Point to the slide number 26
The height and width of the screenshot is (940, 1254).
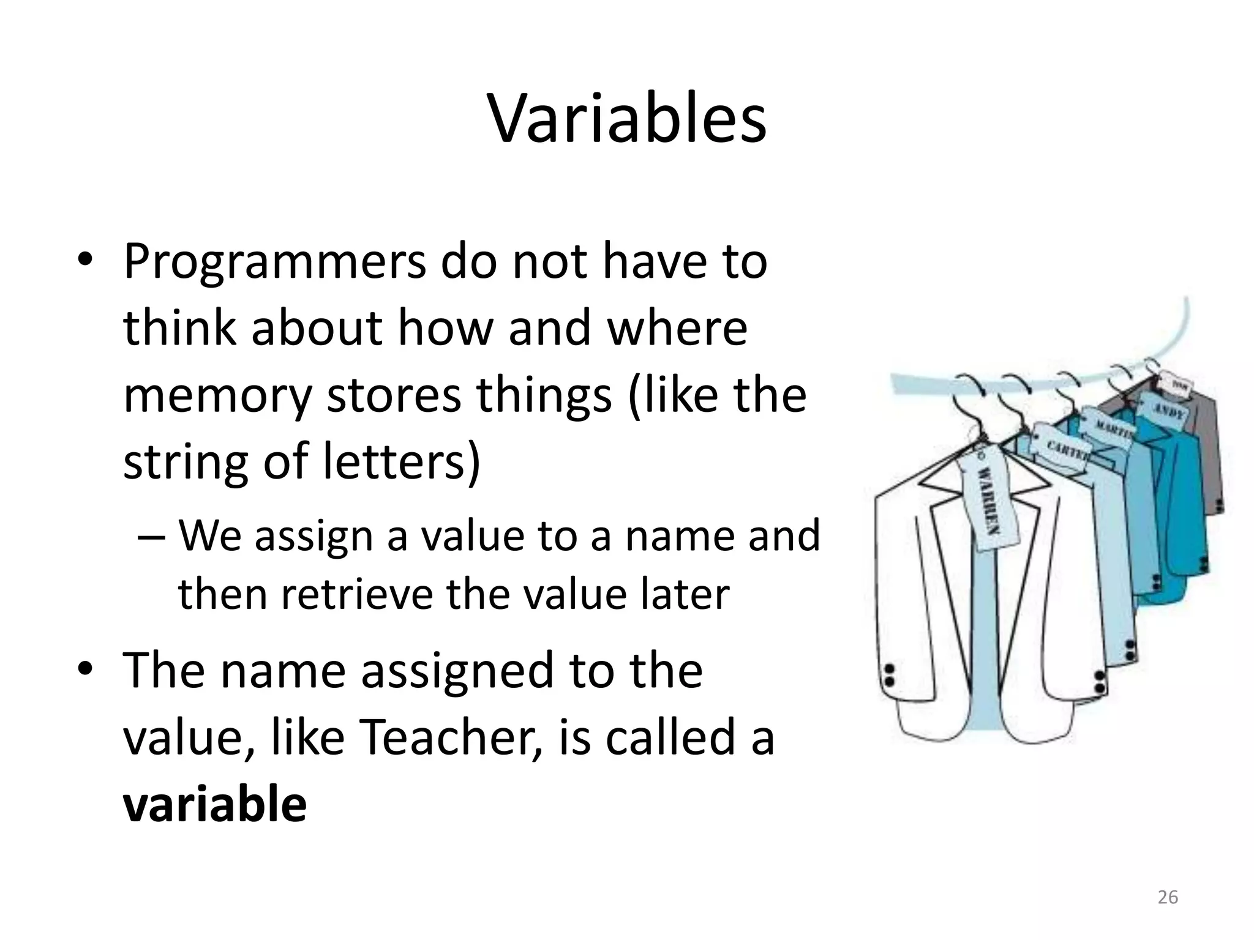1168,897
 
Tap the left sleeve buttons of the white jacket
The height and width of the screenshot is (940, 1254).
890,674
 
